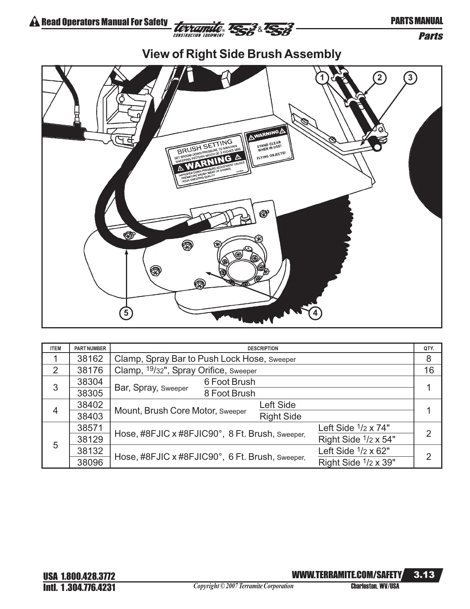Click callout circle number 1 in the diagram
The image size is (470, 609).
pos(322,78)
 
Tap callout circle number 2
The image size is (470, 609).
pos(379,78)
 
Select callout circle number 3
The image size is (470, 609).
pos(410,78)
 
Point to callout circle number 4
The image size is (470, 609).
pos(315,313)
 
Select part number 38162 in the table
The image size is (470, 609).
pos(90,359)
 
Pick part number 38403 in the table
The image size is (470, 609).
pos(90,416)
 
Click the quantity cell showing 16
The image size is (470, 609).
pos(429,370)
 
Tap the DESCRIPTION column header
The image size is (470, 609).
pos(263,349)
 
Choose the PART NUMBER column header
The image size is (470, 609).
pos(90,349)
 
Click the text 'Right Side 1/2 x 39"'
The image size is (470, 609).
pos(357,463)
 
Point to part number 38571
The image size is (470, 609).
pos(90,428)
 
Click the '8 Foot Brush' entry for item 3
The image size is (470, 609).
pos(230,393)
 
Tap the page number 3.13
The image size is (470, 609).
pos(424,575)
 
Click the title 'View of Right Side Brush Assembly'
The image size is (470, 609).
pos(242,54)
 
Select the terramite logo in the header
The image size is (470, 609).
pos(199,29)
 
